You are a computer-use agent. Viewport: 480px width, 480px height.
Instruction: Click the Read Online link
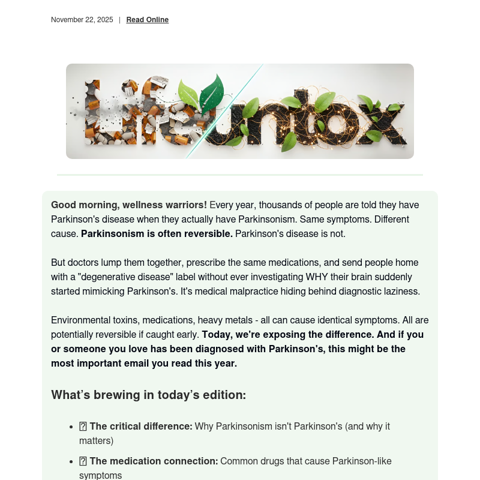(147, 20)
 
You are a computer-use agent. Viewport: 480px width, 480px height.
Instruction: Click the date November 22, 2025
(82, 20)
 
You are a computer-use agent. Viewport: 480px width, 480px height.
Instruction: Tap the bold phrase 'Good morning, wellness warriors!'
(129, 205)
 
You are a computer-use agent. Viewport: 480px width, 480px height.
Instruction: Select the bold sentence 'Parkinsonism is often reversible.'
(157, 234)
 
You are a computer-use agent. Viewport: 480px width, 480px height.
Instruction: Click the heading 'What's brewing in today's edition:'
(148, 395)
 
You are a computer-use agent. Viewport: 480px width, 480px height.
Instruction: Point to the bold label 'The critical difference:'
(141, 427)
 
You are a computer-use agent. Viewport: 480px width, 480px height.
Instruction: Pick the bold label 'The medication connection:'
(154, 461)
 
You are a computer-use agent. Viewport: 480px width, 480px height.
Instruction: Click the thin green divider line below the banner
(240, 175)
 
